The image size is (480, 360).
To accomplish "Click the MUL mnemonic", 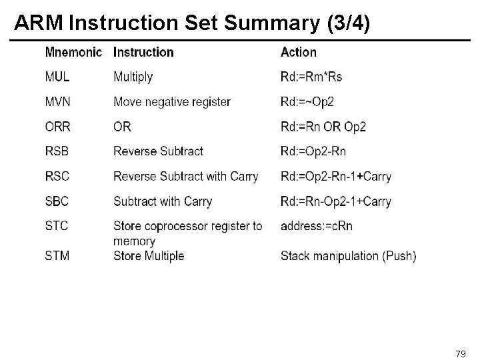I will click(x=56, y=77).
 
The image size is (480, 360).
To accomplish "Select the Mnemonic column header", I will click(x=73, y=52).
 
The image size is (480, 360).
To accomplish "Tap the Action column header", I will click(x=299, y=52).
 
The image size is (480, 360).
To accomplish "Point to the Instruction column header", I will click(x=143, y=52).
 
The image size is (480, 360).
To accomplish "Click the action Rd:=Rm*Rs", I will click(x=311, y=77).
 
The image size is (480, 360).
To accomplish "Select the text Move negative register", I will click(x=172, y=102).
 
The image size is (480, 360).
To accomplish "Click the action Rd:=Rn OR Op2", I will click(x=323, y=127).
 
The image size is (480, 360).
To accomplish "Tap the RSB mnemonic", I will click(x=57, y=151).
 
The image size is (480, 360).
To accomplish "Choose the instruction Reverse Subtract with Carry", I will click(x=186, y=177).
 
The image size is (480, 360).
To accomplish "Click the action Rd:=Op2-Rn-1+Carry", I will click(x=336, y=177).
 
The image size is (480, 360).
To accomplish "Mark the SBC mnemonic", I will click(x=57, y=201).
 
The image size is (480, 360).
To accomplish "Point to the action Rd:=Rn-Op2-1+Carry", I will click(x=336, y=201).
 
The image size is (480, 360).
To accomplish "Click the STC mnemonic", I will click(x=56, y=226).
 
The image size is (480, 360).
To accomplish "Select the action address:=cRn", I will click(x=317, y=226).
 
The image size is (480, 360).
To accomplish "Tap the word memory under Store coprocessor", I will click(x=134, y=241).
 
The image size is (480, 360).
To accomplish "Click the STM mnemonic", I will click(x=57, y=255).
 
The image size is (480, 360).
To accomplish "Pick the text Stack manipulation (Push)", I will click(x=349, y=256).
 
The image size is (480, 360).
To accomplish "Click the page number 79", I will click(x=460, y=352).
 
